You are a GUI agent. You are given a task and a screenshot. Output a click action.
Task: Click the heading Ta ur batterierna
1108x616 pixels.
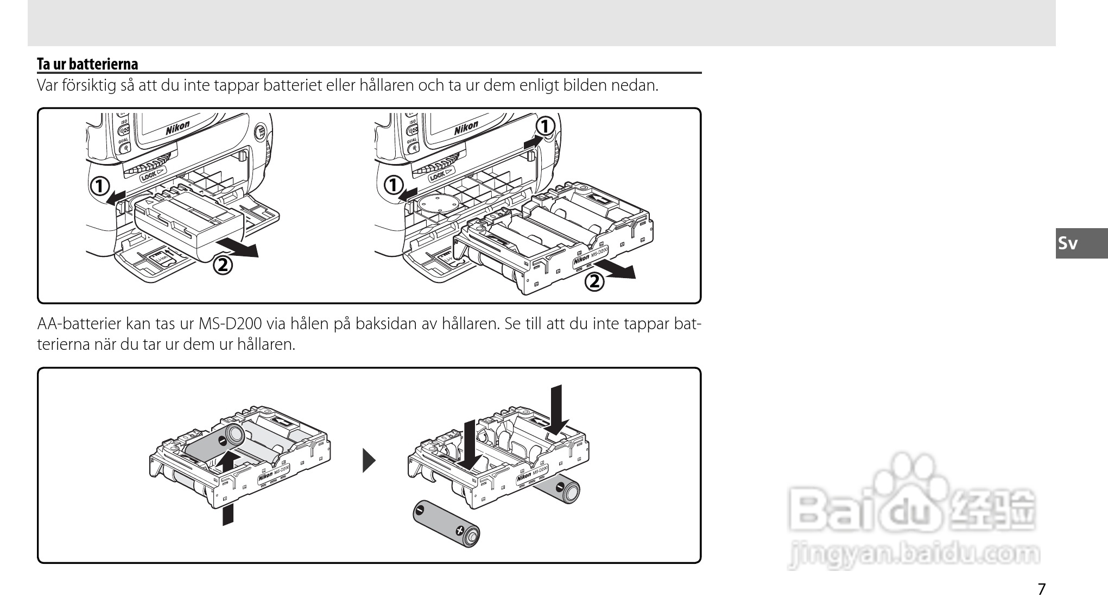[87, 64]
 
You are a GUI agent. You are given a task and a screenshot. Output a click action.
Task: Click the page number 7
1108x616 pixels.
[1041, 589]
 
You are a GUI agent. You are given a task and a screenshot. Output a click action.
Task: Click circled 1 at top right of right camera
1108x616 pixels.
[544, 126]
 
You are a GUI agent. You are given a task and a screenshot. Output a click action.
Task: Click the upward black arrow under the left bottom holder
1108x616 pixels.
[229, 489]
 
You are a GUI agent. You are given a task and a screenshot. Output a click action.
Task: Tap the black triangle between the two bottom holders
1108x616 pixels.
[369, 461]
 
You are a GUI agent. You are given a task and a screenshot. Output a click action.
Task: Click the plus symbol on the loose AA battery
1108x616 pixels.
[460, 530]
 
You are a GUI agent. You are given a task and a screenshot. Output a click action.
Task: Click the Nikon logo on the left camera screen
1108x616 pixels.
[178, 128]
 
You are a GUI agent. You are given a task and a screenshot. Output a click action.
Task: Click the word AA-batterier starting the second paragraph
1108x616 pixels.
[79, 324]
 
